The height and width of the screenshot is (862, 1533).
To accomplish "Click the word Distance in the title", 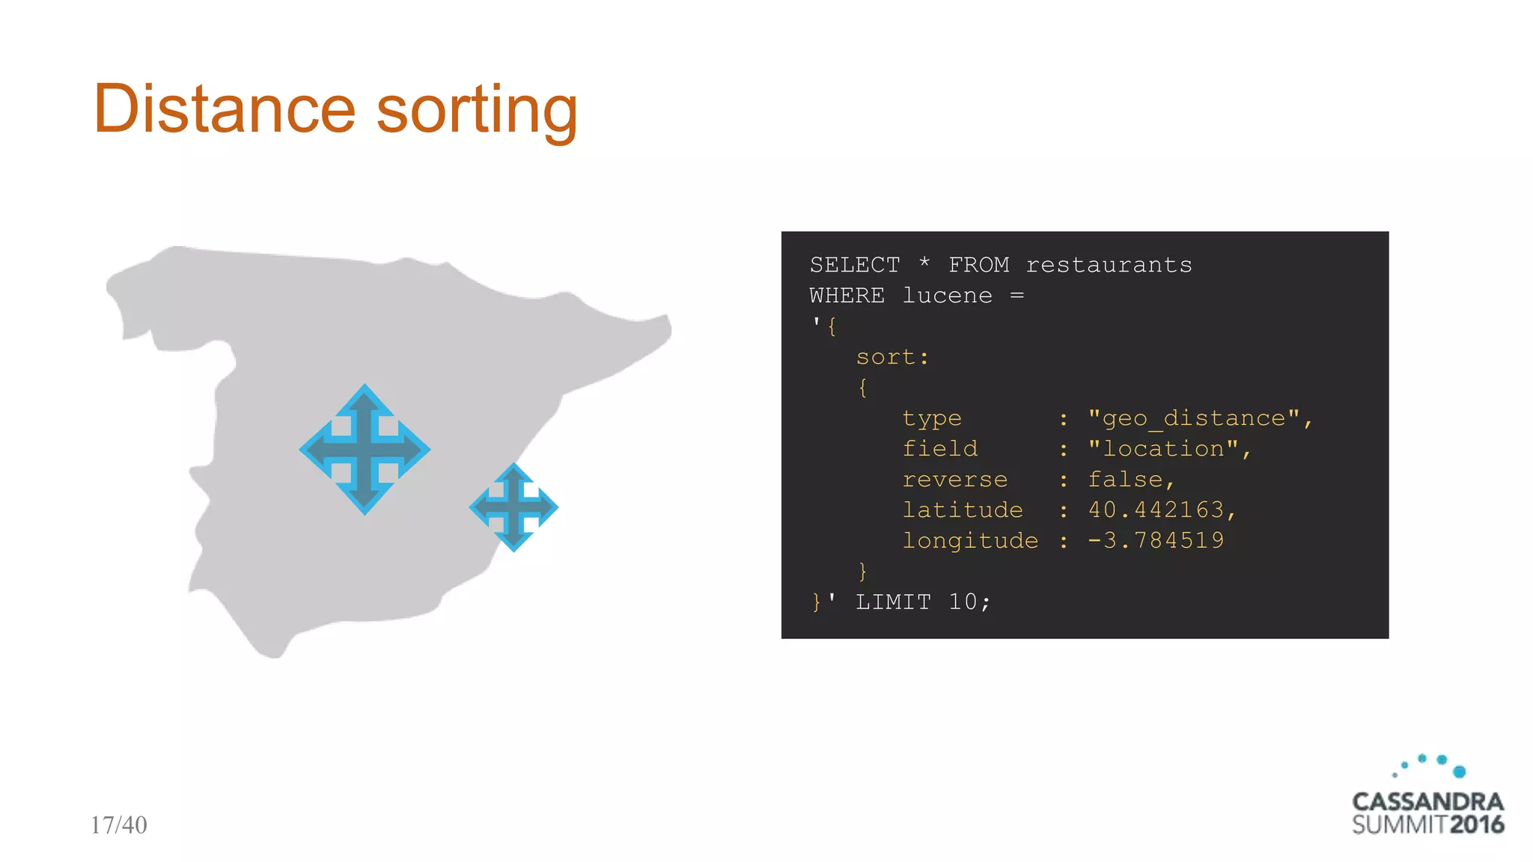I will tap(224, 109).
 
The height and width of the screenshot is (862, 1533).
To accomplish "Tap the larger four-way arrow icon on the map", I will tap(365, 449).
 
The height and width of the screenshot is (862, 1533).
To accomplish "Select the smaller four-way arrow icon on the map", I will tap(513, 507).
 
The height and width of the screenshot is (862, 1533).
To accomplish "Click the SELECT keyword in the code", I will tap(855, 265).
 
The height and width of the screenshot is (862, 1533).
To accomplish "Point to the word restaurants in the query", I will tap(1109, 265).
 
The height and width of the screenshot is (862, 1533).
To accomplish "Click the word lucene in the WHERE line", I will tap(947, 296).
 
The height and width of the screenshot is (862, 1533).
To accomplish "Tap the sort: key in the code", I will tap(892, 357).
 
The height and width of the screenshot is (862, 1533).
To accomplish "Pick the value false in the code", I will tap(1125, 480).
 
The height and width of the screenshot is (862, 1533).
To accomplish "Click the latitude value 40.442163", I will tap(1155, 510).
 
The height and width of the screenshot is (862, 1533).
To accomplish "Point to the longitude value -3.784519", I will tap(1155, 540).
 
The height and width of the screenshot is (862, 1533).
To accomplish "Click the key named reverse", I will tap(955, 480).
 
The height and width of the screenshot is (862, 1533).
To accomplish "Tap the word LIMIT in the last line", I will tap(893, 602).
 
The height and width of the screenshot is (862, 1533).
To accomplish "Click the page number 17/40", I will tap(118, 825).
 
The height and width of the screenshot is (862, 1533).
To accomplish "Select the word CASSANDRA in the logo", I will tap(1427, 801).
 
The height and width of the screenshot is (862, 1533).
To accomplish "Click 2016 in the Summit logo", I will tap(1477, 825).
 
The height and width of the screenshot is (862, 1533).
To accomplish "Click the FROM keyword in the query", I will tap(978, 265).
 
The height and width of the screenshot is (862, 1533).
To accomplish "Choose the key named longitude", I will tap(970, 540).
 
